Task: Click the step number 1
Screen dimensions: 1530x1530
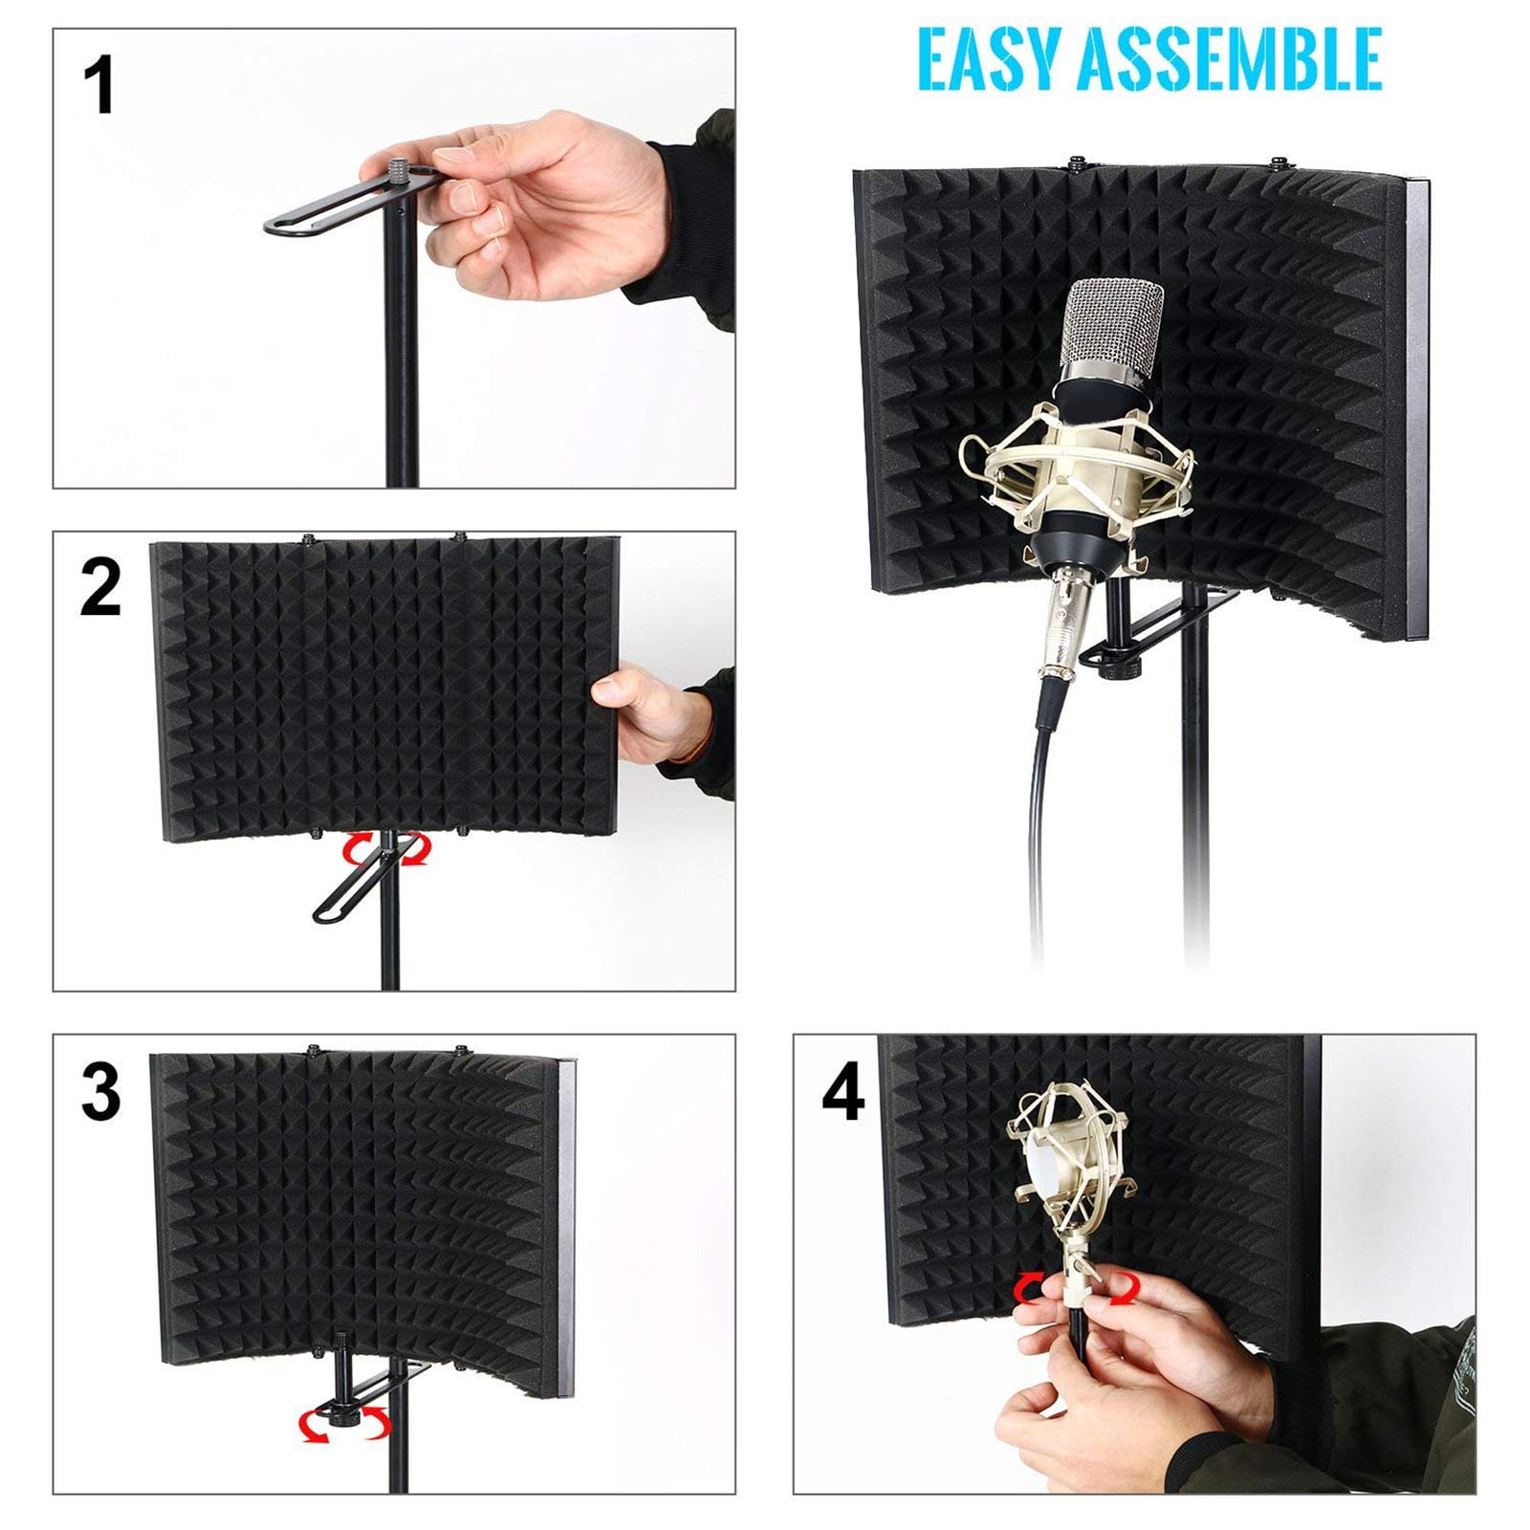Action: pos(98,86)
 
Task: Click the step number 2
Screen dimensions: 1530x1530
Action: pos(100,587)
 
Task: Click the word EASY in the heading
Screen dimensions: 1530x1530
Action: pos(989,59)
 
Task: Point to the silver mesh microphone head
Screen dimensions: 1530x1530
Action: pos(1116,325)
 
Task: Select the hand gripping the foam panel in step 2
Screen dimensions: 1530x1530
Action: pos(645,712)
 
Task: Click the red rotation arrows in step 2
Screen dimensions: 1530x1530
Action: pos(387,849)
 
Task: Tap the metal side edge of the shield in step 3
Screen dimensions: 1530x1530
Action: pos(565,1224)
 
